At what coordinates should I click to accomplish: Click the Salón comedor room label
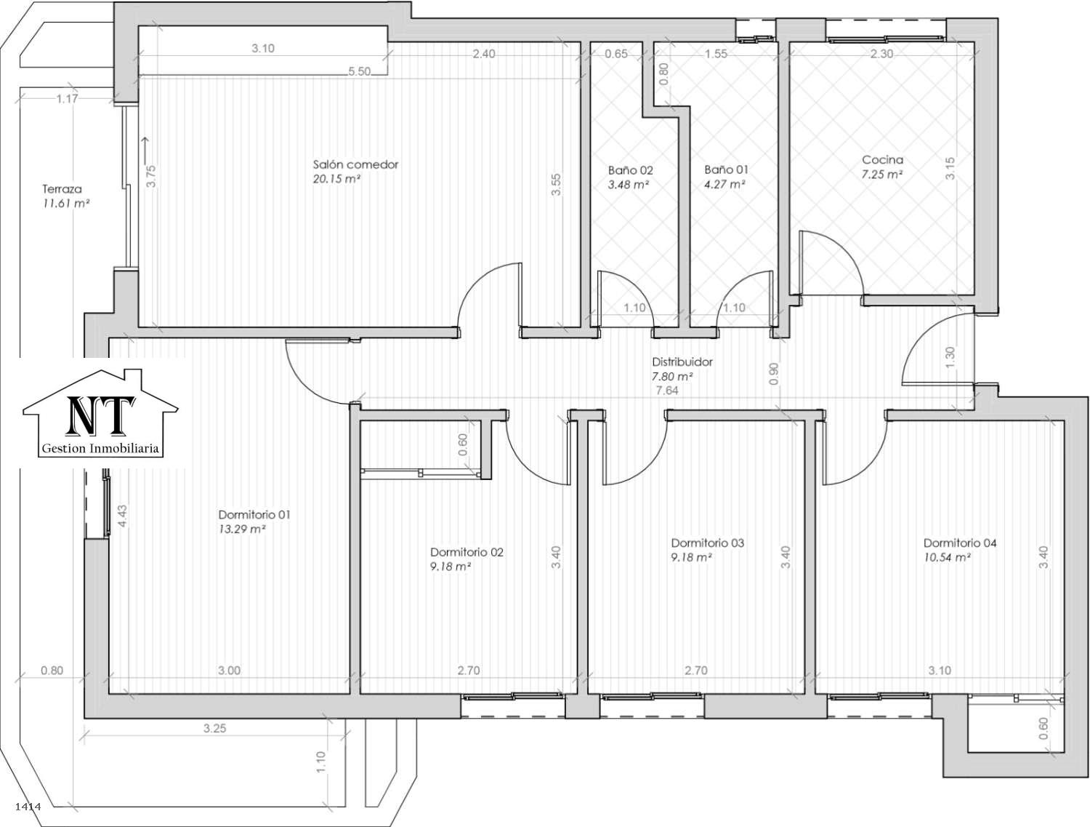tap(355, 164)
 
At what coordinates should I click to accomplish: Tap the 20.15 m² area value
tap(336, 179)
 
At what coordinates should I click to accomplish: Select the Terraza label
tap(62, 189)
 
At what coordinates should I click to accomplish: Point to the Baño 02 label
tap(630, 170)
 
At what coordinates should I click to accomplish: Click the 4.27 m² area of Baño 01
tap(724, 185)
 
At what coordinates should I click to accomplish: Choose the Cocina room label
tap(882, 159)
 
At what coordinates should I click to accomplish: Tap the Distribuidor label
tap(682, 361)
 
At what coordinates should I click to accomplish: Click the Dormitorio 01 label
tap(254, 514)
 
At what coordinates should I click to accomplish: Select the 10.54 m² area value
tap(947, 557)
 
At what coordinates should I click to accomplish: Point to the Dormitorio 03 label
tap(708, 543)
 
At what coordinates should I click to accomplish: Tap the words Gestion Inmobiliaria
tap(100, 448)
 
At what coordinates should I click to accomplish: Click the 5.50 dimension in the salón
tap(359, 71)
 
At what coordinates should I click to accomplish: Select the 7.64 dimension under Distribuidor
tap(667, 391)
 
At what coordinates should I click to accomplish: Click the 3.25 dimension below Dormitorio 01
tap(214, 729)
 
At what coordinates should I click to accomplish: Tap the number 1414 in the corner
tap(28, 807)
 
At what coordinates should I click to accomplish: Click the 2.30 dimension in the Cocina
tap(881, 54)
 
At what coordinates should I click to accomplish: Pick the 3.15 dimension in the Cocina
tap(950, 168)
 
